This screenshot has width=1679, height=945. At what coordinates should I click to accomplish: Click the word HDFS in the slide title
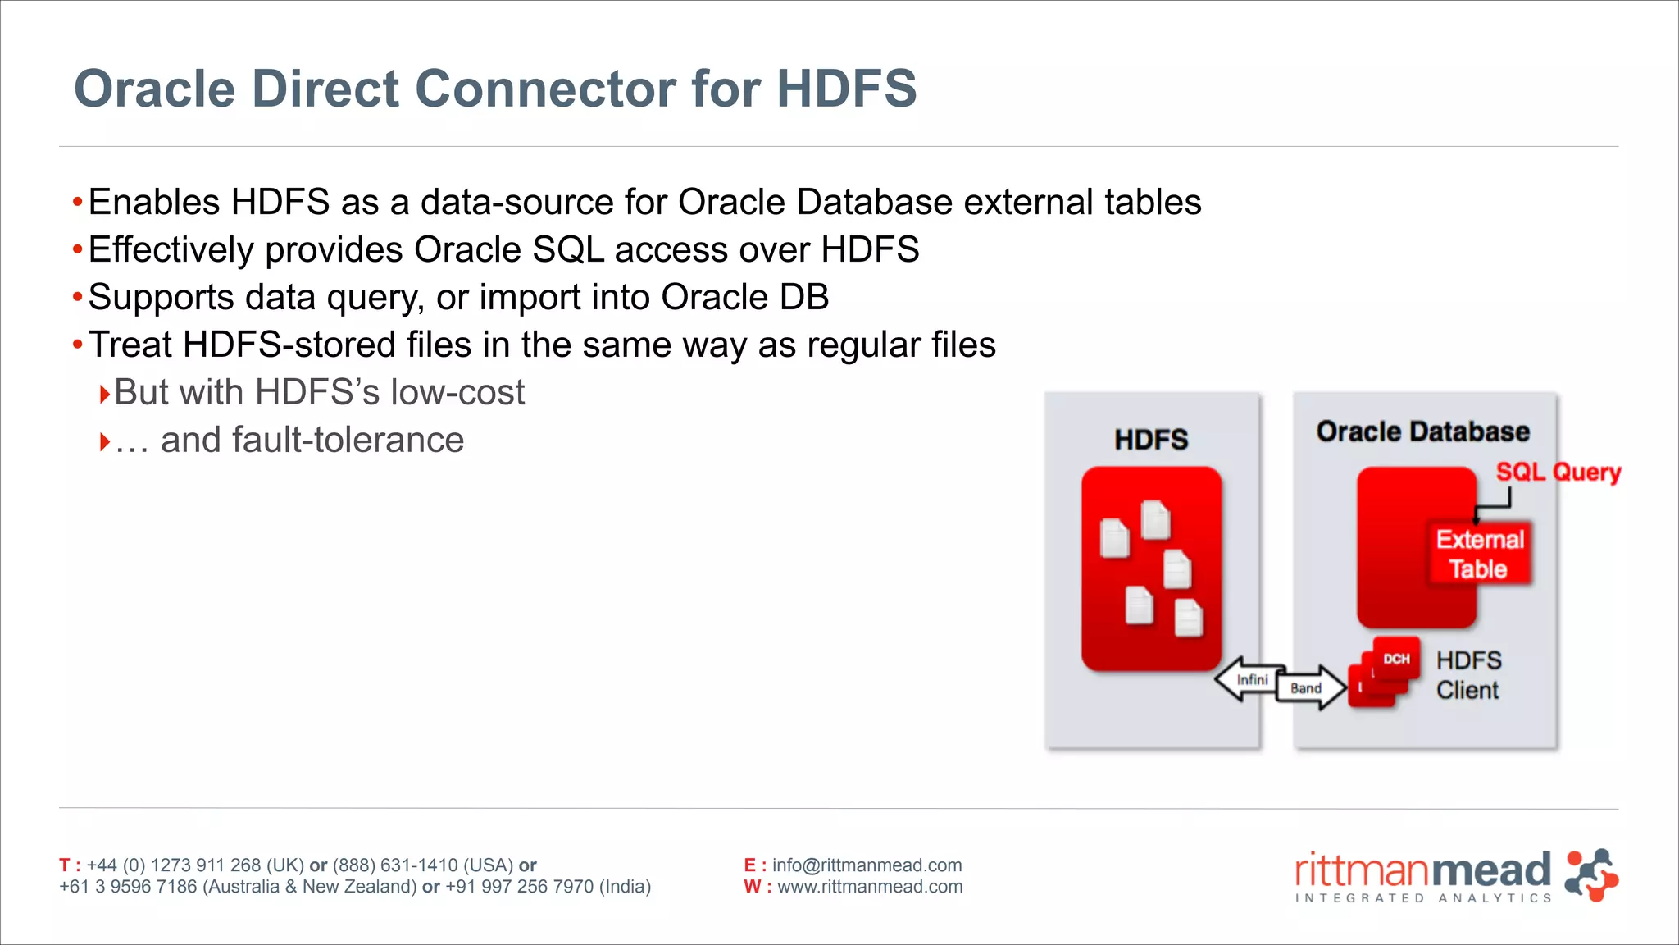point(846,89)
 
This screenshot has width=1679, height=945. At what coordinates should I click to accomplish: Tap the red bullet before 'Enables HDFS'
point(77,202)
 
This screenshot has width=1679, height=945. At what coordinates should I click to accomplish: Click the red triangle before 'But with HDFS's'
point(104,395)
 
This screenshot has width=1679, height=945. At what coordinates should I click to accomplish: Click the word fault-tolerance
point(312,440)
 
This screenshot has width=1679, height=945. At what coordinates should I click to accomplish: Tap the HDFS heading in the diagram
point(1151,440)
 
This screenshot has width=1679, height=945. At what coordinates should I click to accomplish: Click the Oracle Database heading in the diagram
point(1423,431)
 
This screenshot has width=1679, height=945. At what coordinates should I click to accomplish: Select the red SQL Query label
point(1558,472)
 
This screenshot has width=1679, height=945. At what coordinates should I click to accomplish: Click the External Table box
point(1479,554)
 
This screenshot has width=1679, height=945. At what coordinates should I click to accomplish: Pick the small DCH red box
point(1396,659)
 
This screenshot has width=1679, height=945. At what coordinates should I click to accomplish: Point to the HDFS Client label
point(1468,675)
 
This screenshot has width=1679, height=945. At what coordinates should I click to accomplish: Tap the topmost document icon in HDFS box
point(1155,519)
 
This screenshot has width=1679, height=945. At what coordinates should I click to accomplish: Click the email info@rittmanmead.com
point(867,865)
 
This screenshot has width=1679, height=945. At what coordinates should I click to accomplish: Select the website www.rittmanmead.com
point(870,887)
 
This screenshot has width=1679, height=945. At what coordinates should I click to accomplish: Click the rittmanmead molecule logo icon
point(1590,875)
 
